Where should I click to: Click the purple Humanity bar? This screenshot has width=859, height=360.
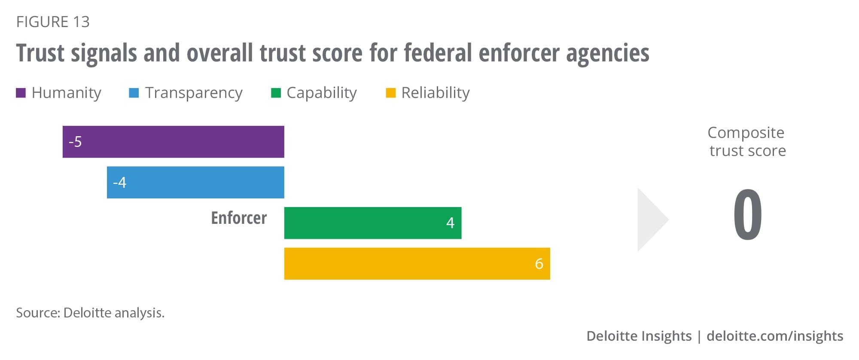(x=173, y=142)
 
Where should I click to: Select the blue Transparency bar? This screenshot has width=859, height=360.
(x=195, y=182)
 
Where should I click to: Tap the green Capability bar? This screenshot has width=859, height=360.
(x=372, y=223)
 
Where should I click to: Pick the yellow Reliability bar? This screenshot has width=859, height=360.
(x=417, y=263)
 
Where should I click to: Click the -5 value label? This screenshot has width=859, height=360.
(x=75, y=142)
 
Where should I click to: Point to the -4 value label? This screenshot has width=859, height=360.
(x=119, y=183)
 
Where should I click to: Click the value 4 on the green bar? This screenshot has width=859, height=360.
(x=450, y=223)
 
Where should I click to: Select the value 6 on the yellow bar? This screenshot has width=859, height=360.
(x=539, y=263)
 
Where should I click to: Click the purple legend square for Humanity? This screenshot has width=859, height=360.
(x=21, y=93)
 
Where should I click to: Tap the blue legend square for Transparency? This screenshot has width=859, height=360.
(x=134, y=93)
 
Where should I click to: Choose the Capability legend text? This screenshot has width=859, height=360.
(x=321, y=93)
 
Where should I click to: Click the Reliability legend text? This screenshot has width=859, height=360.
(x=435, y=93)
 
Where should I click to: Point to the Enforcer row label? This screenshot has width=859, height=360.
(x=239, y=218)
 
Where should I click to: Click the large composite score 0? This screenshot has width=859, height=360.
(x=747, y=215)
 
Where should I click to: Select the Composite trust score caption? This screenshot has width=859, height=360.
(x=747, y=141)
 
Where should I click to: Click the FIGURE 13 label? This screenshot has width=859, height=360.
(x=53, y=22)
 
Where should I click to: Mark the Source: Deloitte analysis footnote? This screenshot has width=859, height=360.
(x=90, y=313)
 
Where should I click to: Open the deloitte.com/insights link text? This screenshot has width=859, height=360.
(x=774, y=336)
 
